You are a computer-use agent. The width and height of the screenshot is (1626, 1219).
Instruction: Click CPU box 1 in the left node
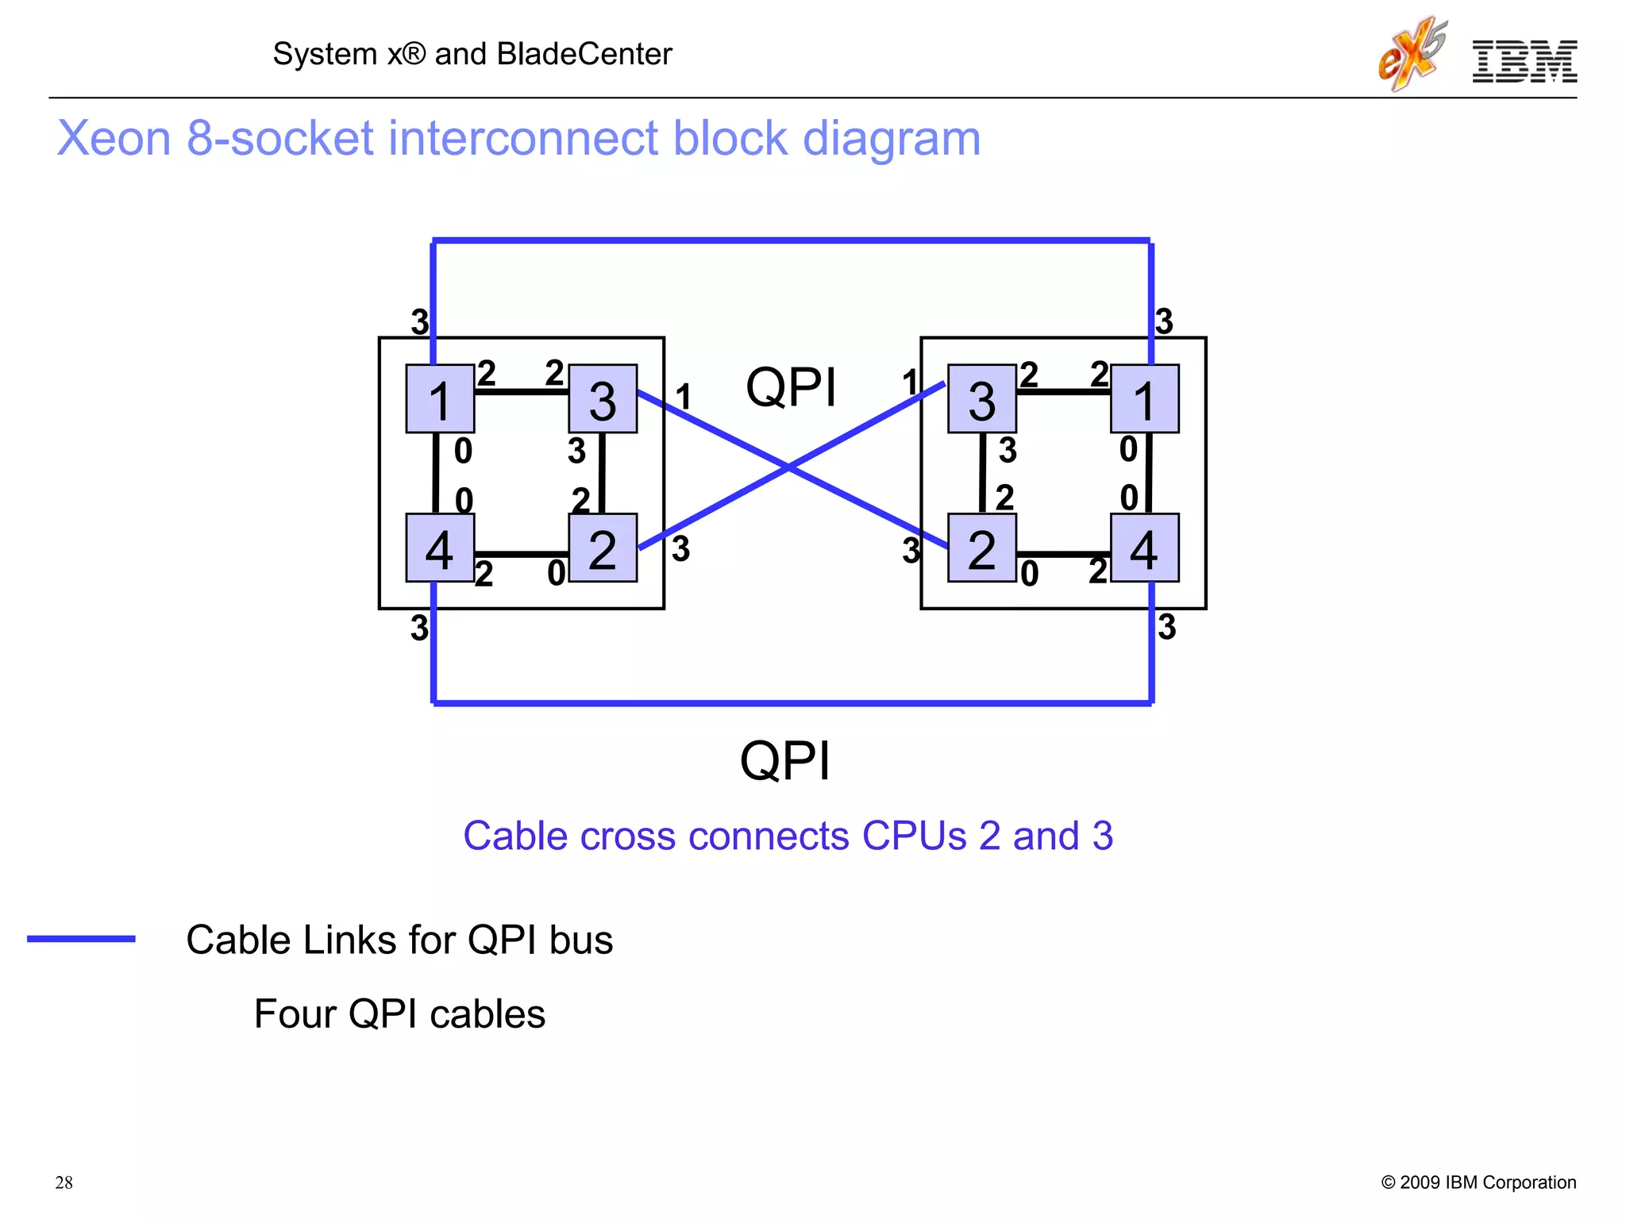pyautogui.click(x=440, y=398)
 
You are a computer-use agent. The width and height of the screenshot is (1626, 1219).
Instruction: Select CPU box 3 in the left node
pyautogui.click(x=603, y=398)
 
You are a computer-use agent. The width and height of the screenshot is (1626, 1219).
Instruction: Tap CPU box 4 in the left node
pyautogui.click(x=440, y=548)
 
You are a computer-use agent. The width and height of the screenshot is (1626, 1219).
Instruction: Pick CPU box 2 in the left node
pyautogui.click(x=603, y=548)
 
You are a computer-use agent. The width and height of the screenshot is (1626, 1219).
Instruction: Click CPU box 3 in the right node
pyautogui.click(x=982, y=398)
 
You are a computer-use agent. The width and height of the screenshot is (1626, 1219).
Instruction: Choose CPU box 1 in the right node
pyautogui.click(x=1144, y=398)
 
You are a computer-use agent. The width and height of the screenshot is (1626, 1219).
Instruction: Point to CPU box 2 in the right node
pyautogui.click(x=982, y=548)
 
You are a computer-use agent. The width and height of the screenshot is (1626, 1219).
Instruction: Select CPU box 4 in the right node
pyautogui.click(x=1144, y=548)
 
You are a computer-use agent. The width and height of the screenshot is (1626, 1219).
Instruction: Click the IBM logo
pyautogui.click(x=1524, y=61)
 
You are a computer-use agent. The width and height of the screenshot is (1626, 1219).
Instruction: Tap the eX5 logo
pyautogui.click(x=1412, y=54)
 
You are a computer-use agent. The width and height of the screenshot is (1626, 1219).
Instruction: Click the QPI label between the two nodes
pyautogui.click(x=791, y=388)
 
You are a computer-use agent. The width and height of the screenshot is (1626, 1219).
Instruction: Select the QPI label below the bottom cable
pyautogui.click(x=784, y=760)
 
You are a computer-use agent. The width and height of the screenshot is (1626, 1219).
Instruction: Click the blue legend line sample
pyautogui.click(x=81, y=939)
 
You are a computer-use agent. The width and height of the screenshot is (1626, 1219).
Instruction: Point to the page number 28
pyautogui.click(x=64, y=1182)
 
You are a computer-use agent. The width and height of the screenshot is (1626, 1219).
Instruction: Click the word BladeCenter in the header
pyautogui.click(x=584, y=54)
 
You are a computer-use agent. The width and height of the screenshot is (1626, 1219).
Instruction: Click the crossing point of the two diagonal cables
pyautogui.click(x=789, y=467)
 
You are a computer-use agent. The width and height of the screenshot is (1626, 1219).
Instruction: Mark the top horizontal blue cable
pyautogui.click(x=792, y=240)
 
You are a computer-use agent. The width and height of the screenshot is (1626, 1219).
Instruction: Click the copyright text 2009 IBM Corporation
pyautogui.click(x=1487, y=1182)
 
